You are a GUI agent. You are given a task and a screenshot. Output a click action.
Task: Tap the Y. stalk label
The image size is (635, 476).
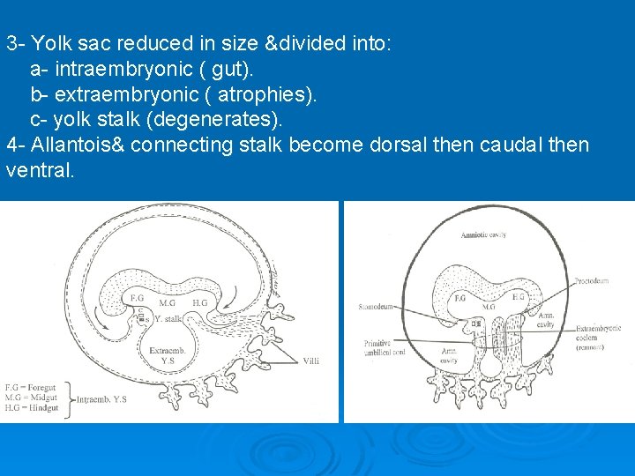point(168,317)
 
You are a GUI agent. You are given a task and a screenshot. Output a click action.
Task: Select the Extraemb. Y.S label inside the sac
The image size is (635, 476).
point(166,355)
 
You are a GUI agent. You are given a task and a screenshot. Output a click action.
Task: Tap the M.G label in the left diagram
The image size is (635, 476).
point(166,302)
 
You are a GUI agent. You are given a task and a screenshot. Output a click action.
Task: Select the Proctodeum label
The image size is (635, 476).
point(595,283)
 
